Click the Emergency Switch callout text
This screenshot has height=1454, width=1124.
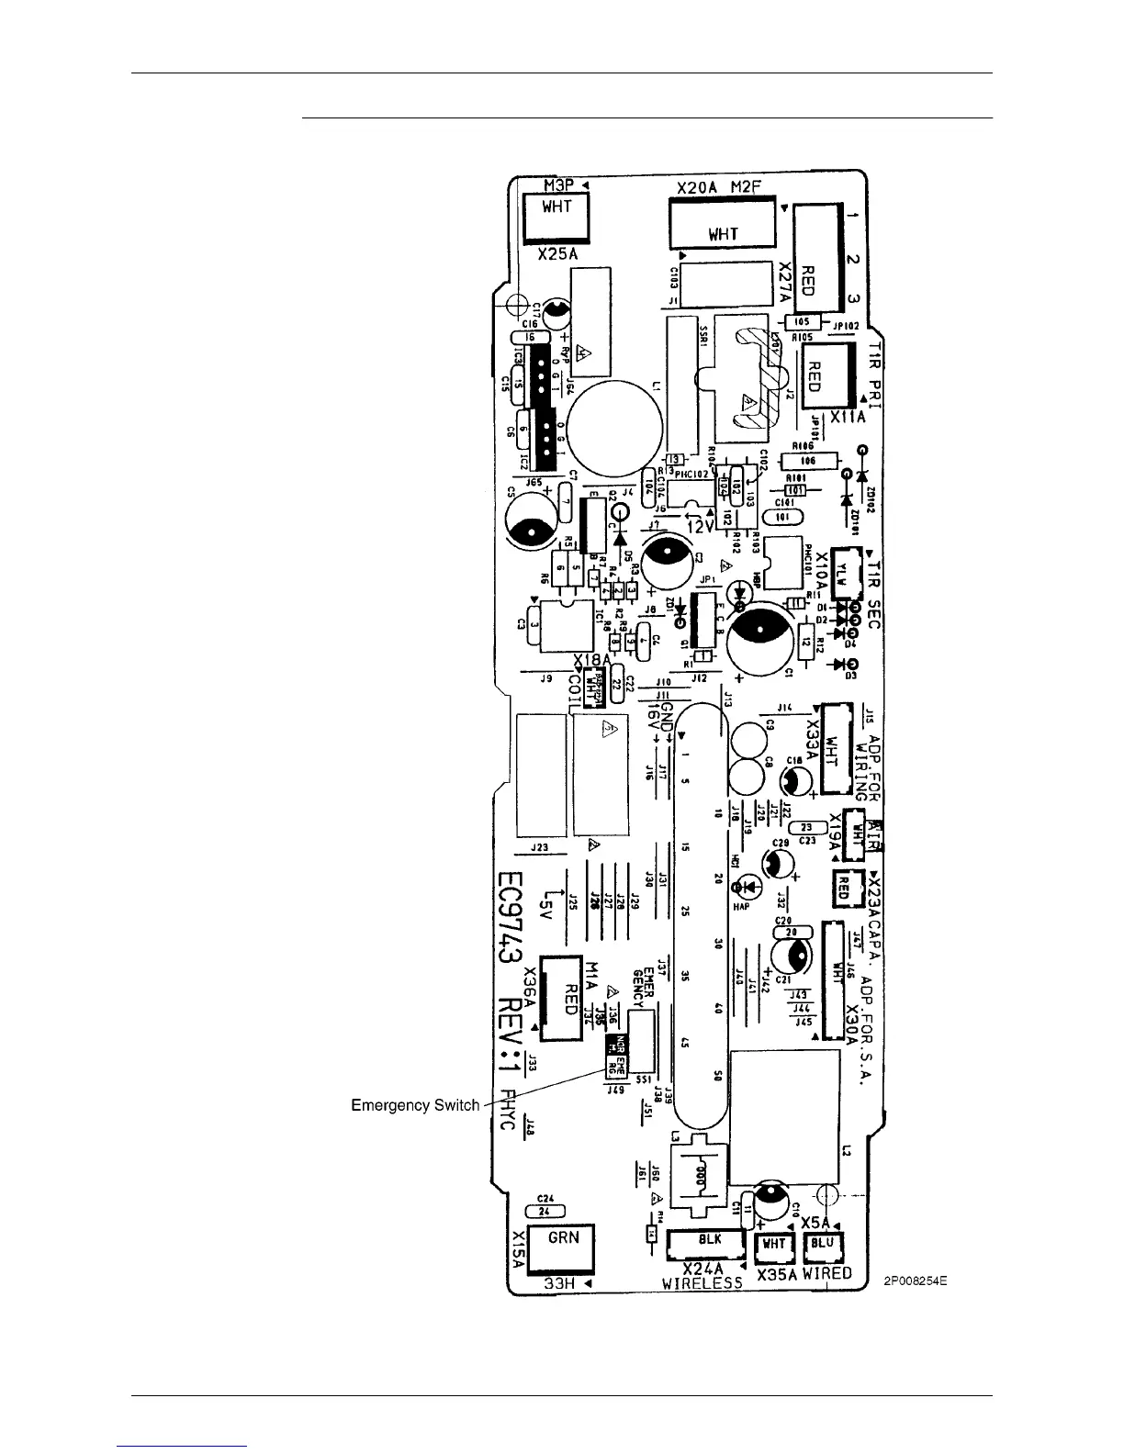[x=415, y=1105]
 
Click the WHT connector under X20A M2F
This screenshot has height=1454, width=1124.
[x=723, y=223]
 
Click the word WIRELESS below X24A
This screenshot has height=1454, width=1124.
[x=702, y=1284]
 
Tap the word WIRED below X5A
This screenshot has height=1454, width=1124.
[x=826, y=1274]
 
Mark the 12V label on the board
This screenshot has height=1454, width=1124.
[x=701, y=528]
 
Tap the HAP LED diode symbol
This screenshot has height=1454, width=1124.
[x=746, y=888]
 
